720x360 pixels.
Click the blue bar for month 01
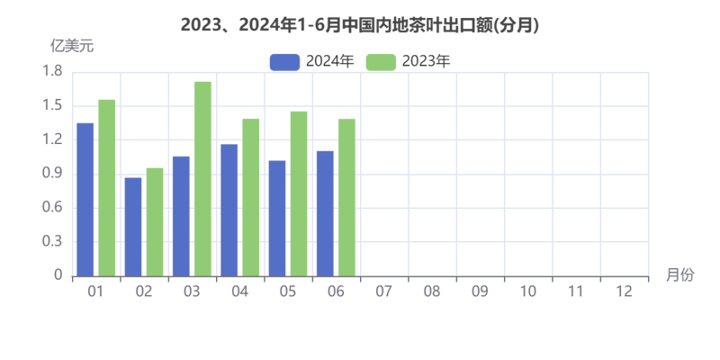(85, 198)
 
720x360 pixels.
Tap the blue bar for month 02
(133, 226)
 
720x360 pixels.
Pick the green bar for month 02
(155, 220)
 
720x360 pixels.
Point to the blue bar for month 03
(181, 214)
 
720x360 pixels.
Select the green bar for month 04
(250, 195)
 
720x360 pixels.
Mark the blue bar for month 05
(277, 217)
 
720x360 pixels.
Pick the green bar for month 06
(346, 195)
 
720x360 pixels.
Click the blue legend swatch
(283, 60)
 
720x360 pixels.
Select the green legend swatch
(382, 60)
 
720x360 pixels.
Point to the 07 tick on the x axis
(383, 292)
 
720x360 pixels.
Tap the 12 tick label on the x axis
(623, 292)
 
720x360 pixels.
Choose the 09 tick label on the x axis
(480, 292)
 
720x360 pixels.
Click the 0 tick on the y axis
(58, 274)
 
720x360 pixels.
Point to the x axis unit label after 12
(679, 274)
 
